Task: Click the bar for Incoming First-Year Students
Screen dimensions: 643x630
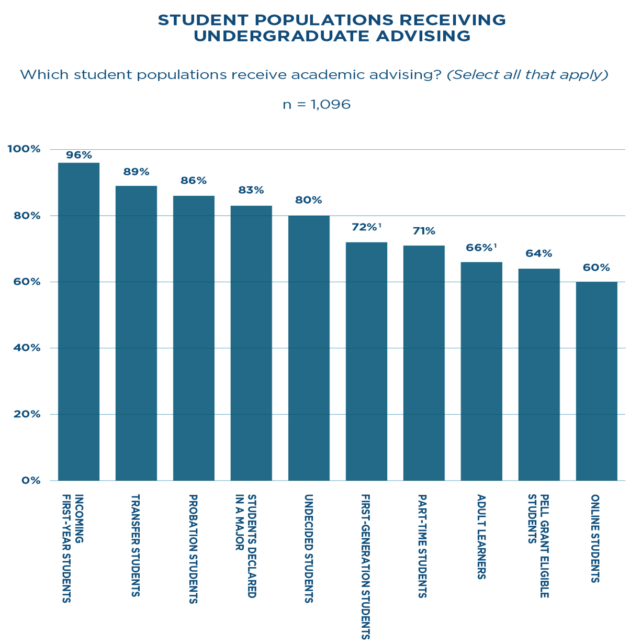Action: point(78,321)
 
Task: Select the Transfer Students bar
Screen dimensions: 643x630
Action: point(136,333)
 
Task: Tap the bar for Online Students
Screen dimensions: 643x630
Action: point(597,381)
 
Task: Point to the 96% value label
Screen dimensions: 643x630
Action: point(78,155)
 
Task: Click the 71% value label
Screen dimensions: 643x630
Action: point(424,231)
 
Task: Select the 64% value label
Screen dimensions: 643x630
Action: point(539,254)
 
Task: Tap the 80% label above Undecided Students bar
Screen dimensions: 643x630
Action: point(309,200)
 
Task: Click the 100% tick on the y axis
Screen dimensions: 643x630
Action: point(24,149)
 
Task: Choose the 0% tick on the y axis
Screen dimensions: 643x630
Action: point(30,480)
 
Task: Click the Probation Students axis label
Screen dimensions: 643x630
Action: point(193,549)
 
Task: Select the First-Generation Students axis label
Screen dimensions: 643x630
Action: point(366,567)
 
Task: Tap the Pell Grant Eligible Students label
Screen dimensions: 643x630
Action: point(538,546)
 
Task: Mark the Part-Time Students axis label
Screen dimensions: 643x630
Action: point(423,546)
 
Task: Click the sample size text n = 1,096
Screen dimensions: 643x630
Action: point(316,105)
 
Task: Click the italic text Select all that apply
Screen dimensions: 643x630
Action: point(527,75)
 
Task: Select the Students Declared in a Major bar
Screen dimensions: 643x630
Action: point(251,343)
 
